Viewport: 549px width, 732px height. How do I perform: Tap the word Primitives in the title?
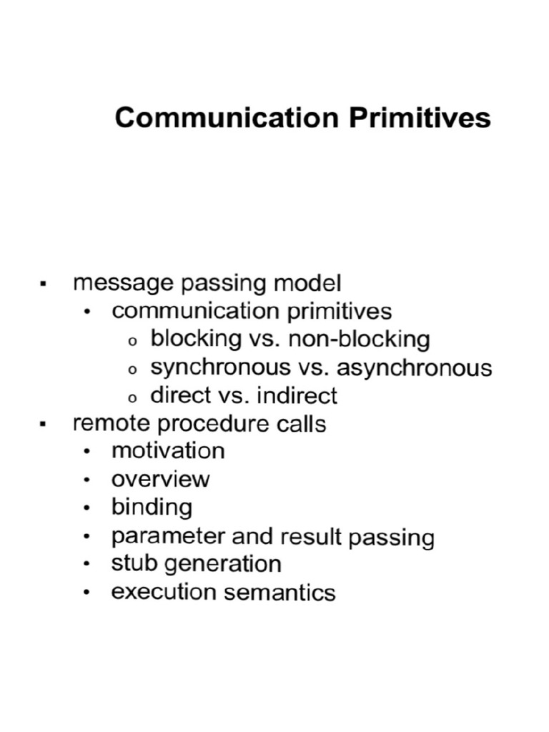420,118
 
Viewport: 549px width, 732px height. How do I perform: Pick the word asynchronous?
414,367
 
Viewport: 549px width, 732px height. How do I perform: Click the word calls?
300,423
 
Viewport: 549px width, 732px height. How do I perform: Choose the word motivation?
168,451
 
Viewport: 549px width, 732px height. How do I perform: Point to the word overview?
161,479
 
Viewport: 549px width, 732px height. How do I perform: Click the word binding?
152,508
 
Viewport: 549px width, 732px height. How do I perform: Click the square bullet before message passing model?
44,285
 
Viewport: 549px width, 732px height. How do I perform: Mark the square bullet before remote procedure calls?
44,425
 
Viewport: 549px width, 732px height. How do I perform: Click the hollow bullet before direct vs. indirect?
132,397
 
